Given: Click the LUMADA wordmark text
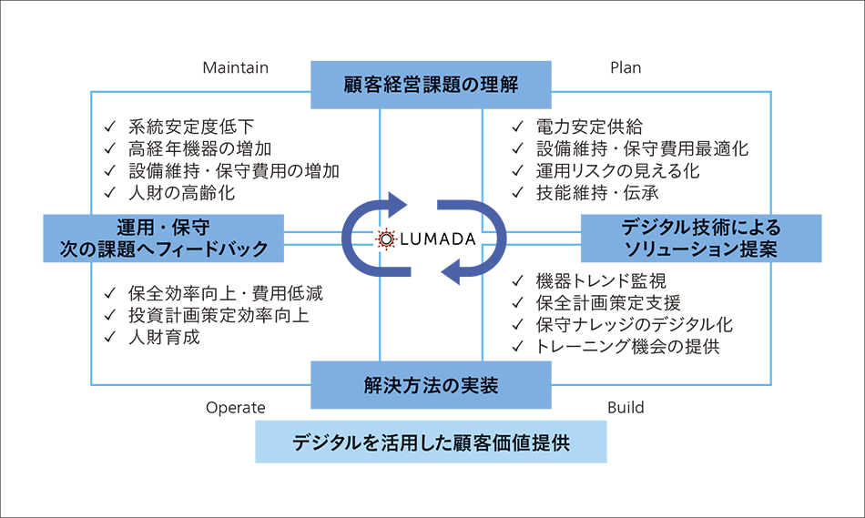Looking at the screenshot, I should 439,239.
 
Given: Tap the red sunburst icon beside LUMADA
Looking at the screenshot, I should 386,239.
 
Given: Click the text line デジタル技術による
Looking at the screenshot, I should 701,227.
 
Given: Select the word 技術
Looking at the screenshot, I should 707,227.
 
